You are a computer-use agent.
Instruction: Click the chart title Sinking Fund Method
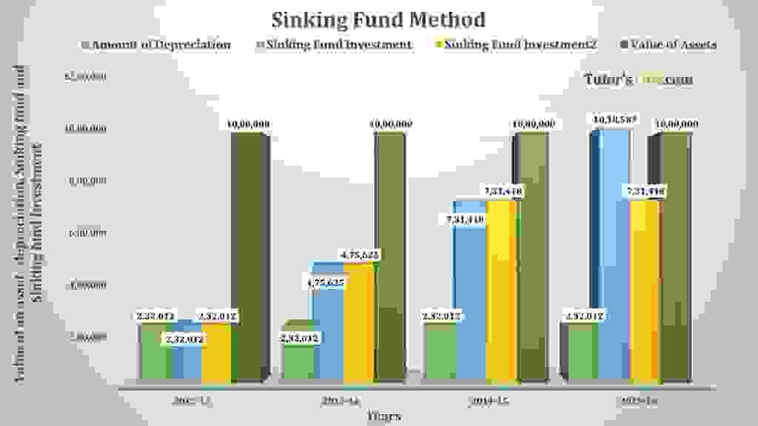pos(378,18)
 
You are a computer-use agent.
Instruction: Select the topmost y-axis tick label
pos(87,76)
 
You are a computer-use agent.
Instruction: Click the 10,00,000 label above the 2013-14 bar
pos(391,124)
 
